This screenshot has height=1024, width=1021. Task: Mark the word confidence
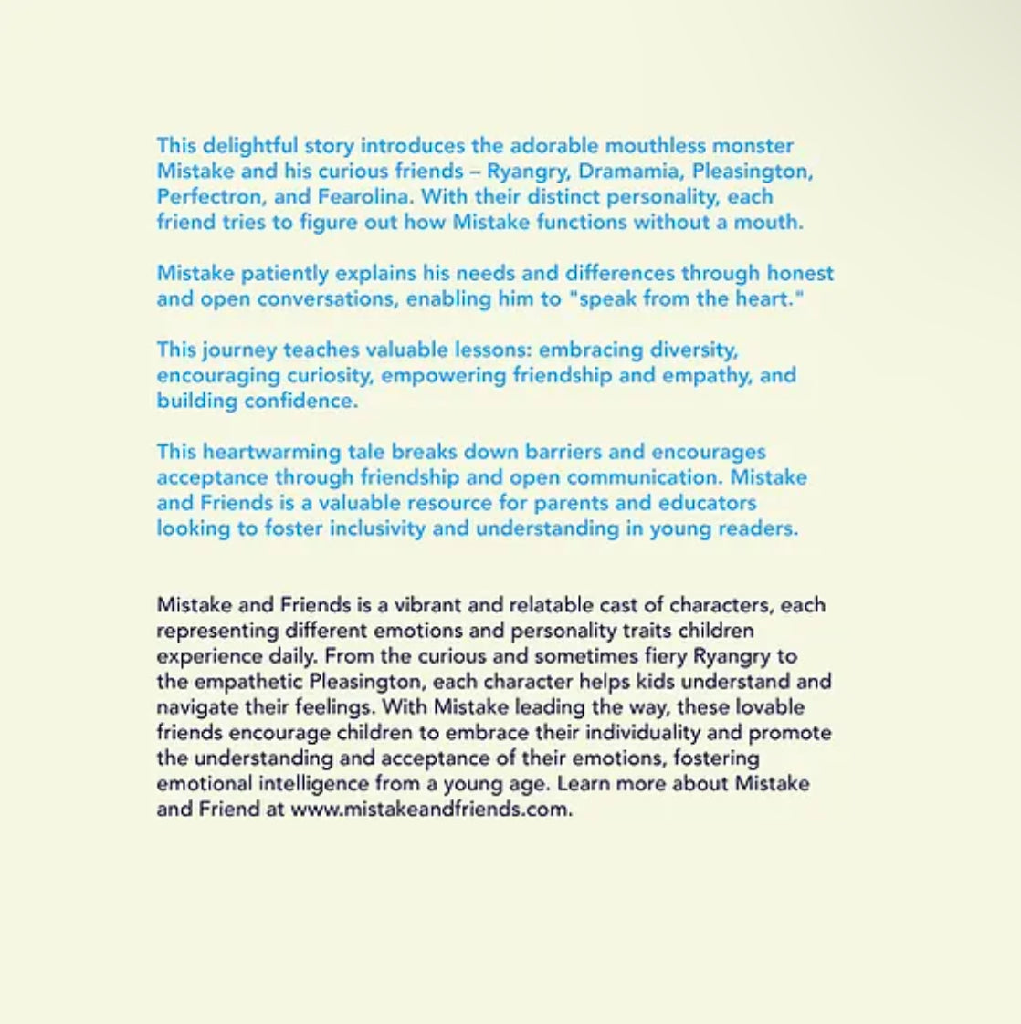[x=299, y=401]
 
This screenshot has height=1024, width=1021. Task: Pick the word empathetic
[x=247, y=682]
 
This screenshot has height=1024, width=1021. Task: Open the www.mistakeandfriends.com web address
[x=430, y=810]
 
